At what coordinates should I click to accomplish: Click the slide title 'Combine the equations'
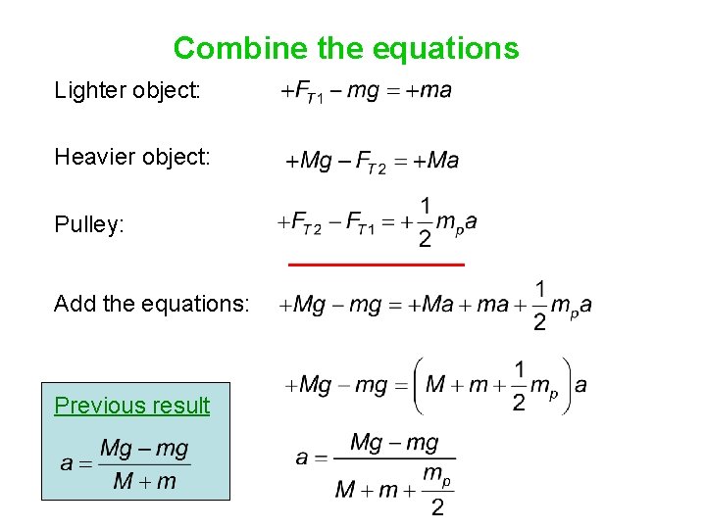click(x=346, y=48)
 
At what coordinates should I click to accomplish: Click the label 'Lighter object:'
click(x=127, y=91)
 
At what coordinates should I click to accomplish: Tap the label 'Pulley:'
click(x=89, y=224)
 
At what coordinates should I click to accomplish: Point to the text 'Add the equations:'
click(x=152, y=304)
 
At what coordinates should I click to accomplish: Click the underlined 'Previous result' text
click(x=132, y=406)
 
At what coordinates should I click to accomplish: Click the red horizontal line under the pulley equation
click(x=376, y=264)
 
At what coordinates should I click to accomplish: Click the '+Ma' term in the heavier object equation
click(x=436, y=161)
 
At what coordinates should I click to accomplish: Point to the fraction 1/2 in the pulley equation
click(x=425, y=222)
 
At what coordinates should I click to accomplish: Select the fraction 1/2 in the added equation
click(x=540, y=306)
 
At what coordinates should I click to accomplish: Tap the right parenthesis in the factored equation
click(x=566, y=386)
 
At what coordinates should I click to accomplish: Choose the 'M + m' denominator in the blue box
click(x=145, y=481)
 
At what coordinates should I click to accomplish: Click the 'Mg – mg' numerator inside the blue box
click(x=144, y=450)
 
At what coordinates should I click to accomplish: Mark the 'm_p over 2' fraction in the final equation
click(x=437, y=490)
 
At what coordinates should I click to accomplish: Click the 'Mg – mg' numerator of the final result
click(x=394, y=443)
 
